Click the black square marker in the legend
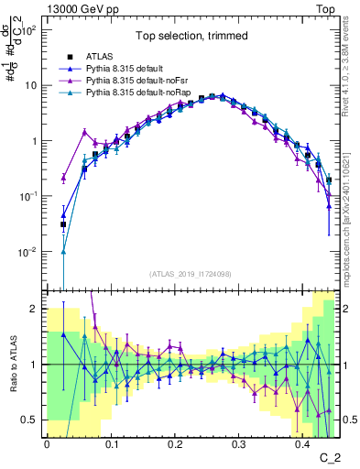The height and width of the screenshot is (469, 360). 65,56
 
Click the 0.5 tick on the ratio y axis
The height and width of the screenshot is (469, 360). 30,420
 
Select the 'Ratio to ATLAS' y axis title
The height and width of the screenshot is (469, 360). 12,365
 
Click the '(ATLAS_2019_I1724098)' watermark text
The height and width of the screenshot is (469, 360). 191,273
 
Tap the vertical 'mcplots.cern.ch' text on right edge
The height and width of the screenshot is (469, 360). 348,211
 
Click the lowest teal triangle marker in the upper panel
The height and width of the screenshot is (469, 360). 63,252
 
